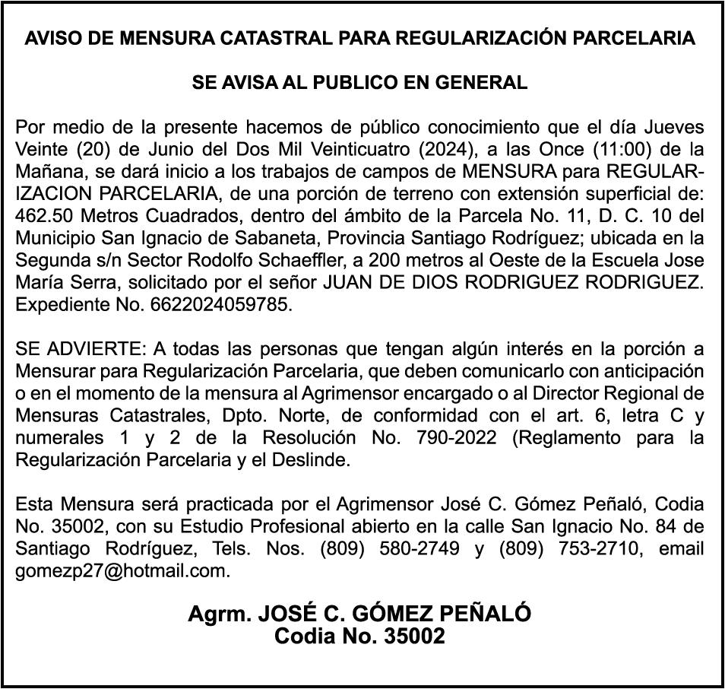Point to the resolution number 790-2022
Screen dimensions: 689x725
[459, 439]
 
